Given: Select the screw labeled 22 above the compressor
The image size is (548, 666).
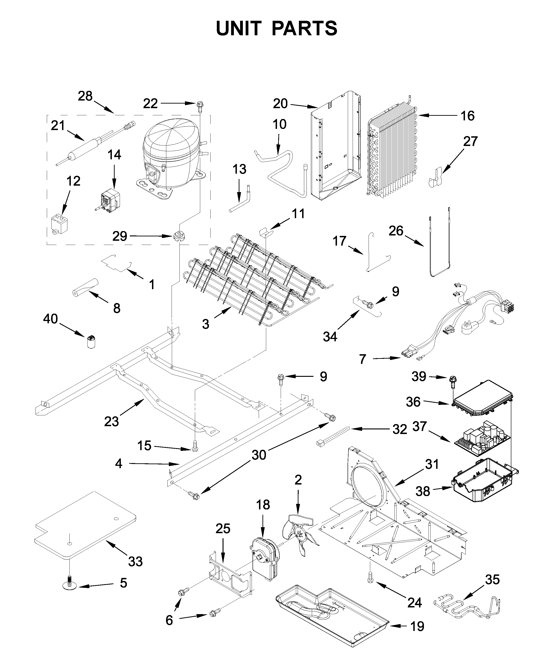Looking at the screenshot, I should [200, 106].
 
